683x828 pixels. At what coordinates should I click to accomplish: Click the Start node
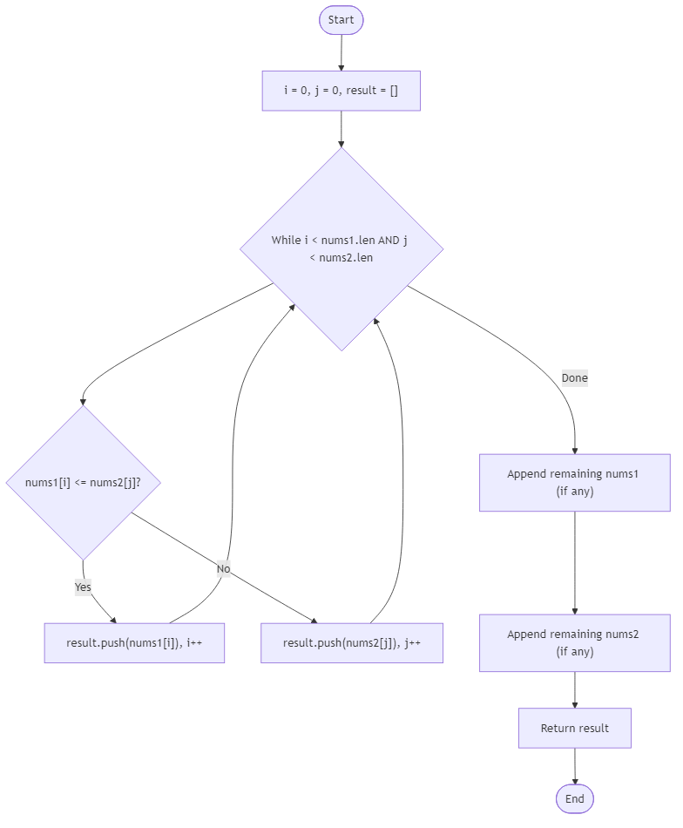click(x=341, y=20)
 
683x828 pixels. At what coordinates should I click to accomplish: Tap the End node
click(x=575, y=798)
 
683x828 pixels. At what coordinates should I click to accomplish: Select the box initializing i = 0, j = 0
click(x=341, y=91)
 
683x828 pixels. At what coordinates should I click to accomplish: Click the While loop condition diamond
click(x=341, y=248)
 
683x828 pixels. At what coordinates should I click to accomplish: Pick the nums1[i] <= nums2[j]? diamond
click(x=84, y=483)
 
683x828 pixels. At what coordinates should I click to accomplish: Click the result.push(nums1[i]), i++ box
click(x=134, y=643)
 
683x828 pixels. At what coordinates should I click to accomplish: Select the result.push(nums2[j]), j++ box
click(x=352, y=643)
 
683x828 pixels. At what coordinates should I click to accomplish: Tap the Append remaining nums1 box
click(x=574, y=482)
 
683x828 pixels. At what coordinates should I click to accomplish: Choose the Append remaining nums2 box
click(x=574, y=642)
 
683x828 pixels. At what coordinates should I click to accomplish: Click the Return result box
click(x=575, y=728)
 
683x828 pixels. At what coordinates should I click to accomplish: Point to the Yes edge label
click(x=83, y=587)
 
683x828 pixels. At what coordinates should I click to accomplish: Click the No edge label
click(x=224, y=568)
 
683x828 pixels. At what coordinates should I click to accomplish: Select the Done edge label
click(x=574, y=377)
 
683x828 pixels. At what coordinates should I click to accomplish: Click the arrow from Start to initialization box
click(x=341, y=53)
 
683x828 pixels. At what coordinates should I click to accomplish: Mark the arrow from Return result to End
click(x=575, y=766)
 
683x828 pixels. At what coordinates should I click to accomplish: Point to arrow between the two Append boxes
click(x=575, y=562)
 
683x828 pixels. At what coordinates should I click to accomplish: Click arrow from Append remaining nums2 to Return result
click(x=575, y=689)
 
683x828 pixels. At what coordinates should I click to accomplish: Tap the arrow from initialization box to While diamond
click(x=341, y=128)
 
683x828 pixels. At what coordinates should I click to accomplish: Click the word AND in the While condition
click(x=389, y=240)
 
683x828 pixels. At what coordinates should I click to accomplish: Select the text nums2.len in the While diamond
click(x=346, y=257)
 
